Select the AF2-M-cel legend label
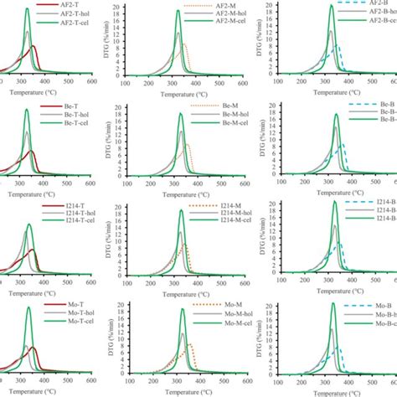pos(221,27)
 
